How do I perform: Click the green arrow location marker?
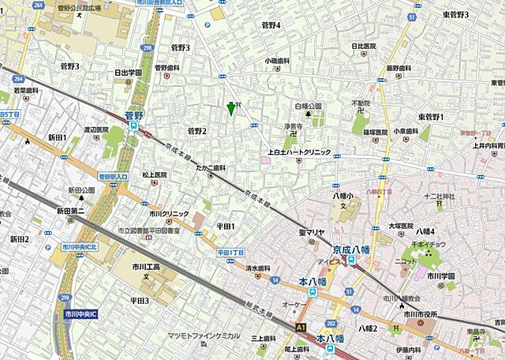230,108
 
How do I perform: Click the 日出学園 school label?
127,73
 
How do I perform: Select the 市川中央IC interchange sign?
81,313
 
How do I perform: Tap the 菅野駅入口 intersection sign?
113,176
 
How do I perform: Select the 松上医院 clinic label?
155,174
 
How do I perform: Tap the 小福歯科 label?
277,60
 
